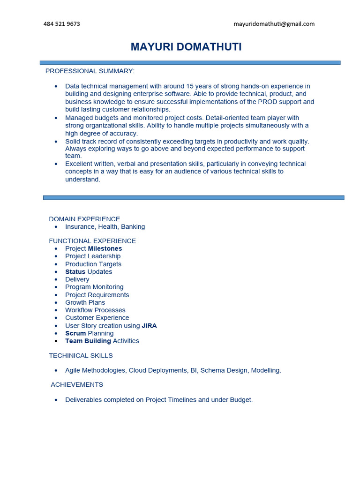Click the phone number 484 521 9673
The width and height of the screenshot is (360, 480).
coord(61,24)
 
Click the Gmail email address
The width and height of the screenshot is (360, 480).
coord(274,24)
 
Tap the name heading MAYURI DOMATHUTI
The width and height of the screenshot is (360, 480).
coord(186,47)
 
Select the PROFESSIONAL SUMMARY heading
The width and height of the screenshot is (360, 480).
coord(90,71)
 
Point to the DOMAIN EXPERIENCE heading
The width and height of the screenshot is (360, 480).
coord(84,219)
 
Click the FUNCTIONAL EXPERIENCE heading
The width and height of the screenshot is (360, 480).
coord(92,241)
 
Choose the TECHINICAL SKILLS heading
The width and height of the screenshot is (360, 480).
coord(81,355)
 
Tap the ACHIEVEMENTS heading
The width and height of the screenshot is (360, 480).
coord(77,384)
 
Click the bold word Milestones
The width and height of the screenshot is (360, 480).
coord(105,248)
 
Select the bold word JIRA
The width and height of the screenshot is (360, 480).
coord(149,326)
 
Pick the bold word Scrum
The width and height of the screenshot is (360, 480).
coord(75,333)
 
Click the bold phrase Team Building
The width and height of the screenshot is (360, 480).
coord(88,341)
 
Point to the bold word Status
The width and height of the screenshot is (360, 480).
coord(75,272)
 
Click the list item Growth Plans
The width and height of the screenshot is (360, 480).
coord(85,302)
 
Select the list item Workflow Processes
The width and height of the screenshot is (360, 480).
coord(95,310)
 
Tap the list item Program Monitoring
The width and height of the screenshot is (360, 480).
coord(94,287)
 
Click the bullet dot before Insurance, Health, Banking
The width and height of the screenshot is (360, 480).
coord(56,227)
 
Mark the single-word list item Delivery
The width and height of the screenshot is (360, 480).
coord(77,279)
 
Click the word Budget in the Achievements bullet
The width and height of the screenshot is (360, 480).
coord(240,400)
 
